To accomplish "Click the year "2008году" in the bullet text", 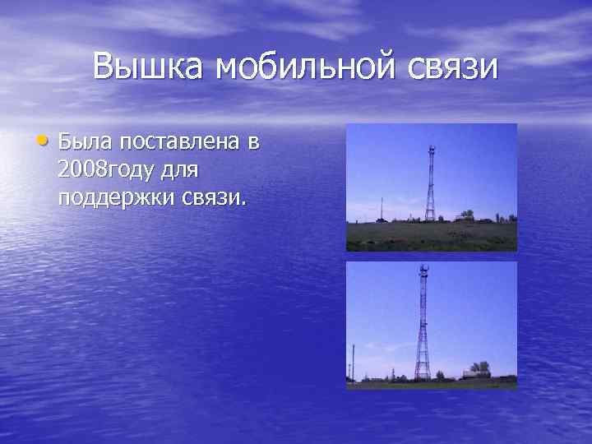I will pos(110,170).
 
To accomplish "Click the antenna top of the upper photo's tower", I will pos(430,149).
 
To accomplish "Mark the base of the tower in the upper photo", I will pos(429,218).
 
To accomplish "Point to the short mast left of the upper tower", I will pos(380,210).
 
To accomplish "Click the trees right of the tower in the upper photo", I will pos(467,215).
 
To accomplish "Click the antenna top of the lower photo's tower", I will pos(423,270).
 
